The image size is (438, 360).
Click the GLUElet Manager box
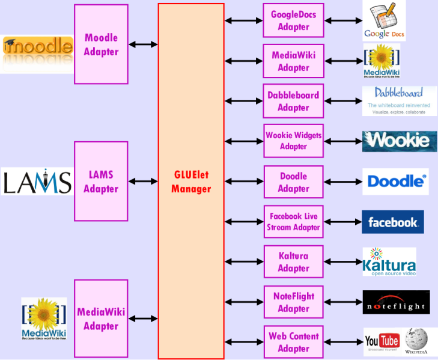click(191, 181)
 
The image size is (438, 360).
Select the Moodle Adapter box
click(101, 44)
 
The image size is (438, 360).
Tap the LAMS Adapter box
click(101, 182)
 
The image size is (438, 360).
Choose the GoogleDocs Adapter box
click(293, 20)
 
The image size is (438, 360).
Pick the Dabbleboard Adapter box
click(293, 101)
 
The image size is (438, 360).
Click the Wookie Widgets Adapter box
click(293, 141)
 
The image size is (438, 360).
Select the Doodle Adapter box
click(293, 182)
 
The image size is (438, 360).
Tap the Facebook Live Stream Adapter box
click(293, 222)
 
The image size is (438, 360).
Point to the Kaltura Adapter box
click(293, 262)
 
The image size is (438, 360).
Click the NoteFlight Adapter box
click(293, 302)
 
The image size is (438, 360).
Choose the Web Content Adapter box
click(293, 342)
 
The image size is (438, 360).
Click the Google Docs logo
click(384, 22)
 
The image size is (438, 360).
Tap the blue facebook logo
click(393, 222)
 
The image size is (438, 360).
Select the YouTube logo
click(382, 342)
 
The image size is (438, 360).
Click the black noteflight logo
click(396, 302)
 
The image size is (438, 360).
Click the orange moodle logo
click(38, 48)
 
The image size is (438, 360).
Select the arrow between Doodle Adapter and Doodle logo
click(343, 182)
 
